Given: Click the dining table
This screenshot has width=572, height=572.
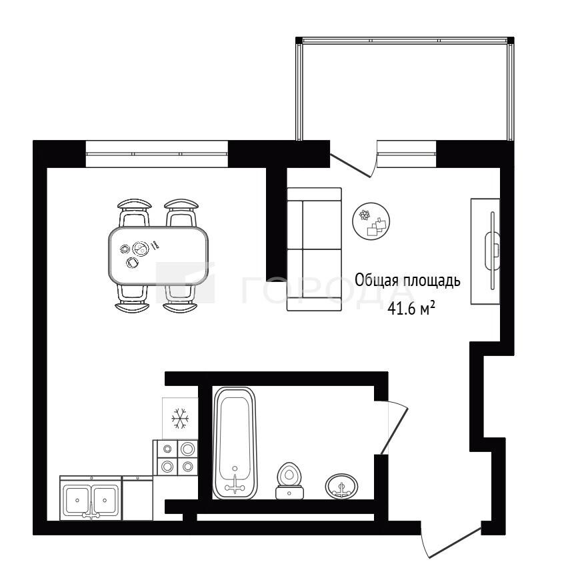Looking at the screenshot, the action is coord(158,255).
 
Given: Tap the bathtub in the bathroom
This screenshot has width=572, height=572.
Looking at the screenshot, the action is coord(235,443).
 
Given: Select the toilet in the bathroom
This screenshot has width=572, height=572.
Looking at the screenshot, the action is coord(289,481).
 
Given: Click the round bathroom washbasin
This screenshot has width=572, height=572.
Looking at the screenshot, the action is coord(341,486).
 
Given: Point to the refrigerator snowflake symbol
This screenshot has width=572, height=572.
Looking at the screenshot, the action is coord(180,419).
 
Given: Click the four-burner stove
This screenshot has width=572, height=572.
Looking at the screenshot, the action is coord(175,457).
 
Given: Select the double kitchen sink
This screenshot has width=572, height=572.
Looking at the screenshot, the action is coord(91,498).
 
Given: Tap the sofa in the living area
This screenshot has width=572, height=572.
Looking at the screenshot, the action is coord(314,249).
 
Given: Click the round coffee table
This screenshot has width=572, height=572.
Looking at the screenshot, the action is coord(371,221).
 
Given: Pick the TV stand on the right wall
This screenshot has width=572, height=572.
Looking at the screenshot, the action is coord(485,251).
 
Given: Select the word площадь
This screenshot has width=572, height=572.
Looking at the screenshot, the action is coord(432,281).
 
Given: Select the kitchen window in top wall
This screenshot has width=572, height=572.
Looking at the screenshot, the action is coord(157,153).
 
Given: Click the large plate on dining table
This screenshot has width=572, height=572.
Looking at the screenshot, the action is coord(141,249).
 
